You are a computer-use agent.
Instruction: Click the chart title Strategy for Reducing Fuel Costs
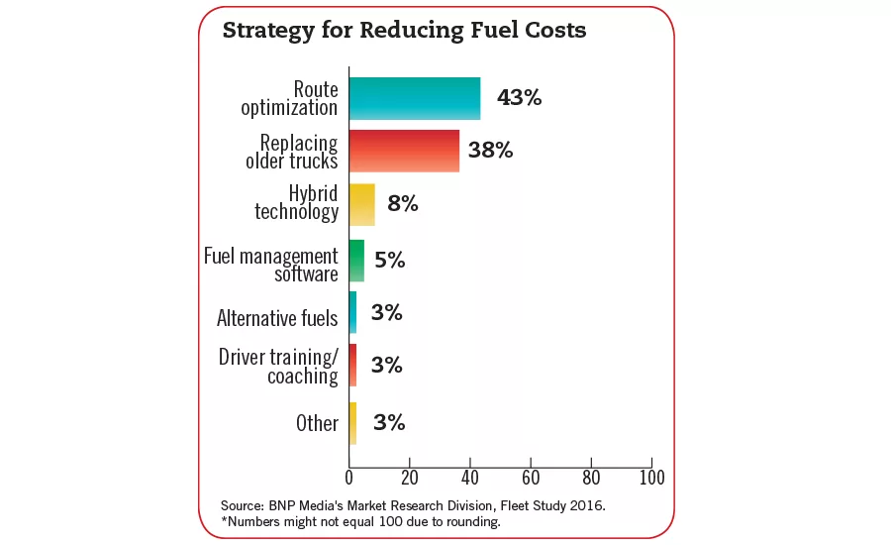404,31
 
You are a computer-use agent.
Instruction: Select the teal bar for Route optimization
415,99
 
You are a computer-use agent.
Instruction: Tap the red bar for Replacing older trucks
404,151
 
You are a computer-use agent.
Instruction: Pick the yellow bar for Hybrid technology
361,204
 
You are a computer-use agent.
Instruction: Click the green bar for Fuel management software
356,261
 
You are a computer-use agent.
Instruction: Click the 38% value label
491,151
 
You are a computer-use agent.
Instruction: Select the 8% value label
403,204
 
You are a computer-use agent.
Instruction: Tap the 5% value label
390,261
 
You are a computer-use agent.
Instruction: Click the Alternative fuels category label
277,318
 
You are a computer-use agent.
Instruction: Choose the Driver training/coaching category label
278,366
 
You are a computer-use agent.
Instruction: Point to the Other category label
317,423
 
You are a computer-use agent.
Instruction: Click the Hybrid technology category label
296,202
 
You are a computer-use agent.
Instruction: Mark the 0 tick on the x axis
349,478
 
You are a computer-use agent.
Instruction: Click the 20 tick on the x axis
410,478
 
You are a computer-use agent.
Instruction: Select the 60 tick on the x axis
531,478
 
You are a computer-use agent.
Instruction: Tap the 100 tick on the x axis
650,478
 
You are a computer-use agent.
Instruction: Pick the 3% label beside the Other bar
389,422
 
